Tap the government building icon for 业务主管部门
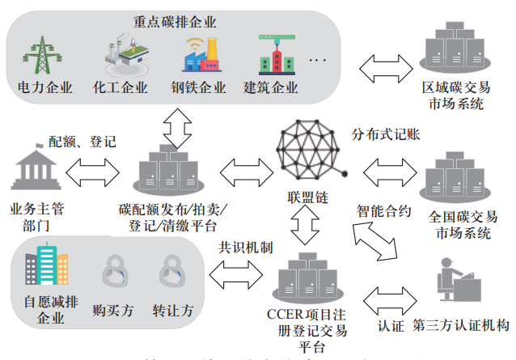[x=34, y=171]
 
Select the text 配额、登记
[x=82, y=142]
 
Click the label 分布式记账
[x=385, y=133]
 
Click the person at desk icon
[x=457, y=284]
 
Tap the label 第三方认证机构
[x=461, y=326]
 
